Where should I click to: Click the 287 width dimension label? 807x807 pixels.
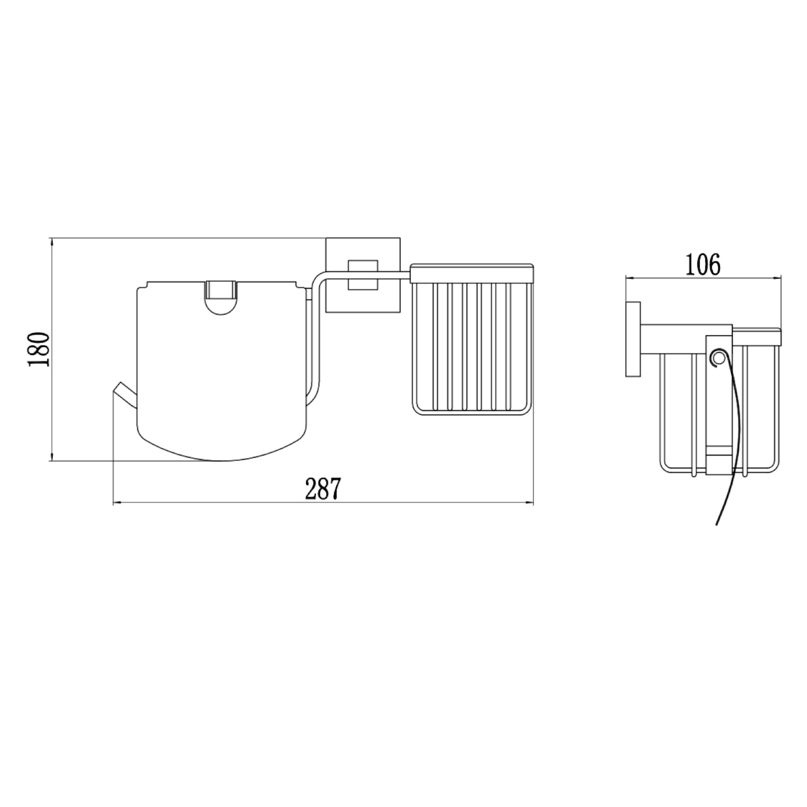323,489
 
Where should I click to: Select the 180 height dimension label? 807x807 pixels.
39,349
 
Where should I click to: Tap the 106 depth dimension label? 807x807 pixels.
702,265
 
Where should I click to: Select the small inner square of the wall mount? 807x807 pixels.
363,275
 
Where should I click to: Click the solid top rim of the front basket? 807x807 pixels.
472,273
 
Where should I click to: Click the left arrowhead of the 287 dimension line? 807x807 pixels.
116,503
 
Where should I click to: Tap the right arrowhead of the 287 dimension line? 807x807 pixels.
530,503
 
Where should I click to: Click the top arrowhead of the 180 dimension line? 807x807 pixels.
52,242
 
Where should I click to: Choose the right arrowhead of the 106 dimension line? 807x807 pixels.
778,278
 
